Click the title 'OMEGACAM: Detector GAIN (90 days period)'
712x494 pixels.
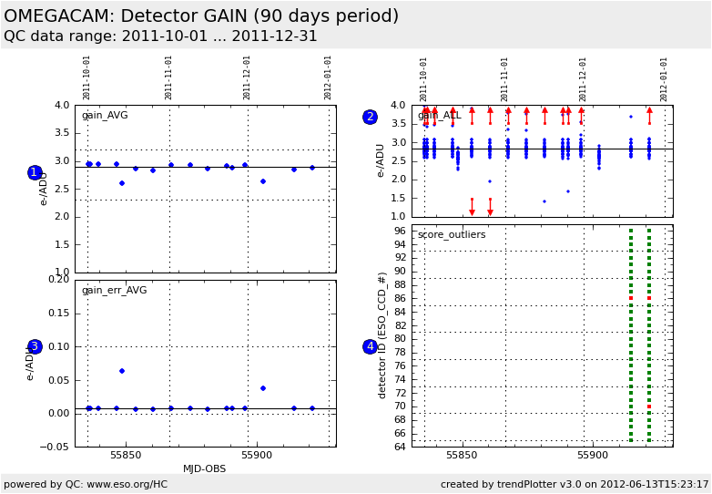(201, 16)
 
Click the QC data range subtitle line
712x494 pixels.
(160, 36)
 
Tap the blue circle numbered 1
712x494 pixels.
(35, 172)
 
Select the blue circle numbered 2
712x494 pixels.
(370, 117)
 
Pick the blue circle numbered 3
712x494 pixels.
(35, 346)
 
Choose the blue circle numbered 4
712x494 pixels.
(370, 346)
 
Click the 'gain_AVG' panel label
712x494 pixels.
(105, 116)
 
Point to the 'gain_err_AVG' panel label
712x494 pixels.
(114, 291)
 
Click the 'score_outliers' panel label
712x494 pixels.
(452, 235)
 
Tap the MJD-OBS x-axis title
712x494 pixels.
(205, 468)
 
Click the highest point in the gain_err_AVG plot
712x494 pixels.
(122, 371)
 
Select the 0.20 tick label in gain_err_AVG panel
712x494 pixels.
(57, 280)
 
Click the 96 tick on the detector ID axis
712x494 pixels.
(401, 232)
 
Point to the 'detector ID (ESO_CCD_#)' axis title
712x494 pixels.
(383, 334)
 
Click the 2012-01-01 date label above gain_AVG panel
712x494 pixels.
(329, 77)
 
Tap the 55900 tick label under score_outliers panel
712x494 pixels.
(593, 455)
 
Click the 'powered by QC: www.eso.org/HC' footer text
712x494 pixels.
(86, 484)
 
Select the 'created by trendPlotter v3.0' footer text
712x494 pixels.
(575, 484)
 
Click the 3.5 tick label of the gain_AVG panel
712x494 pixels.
(61, 133)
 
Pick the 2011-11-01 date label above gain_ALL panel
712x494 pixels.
(505, 78)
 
